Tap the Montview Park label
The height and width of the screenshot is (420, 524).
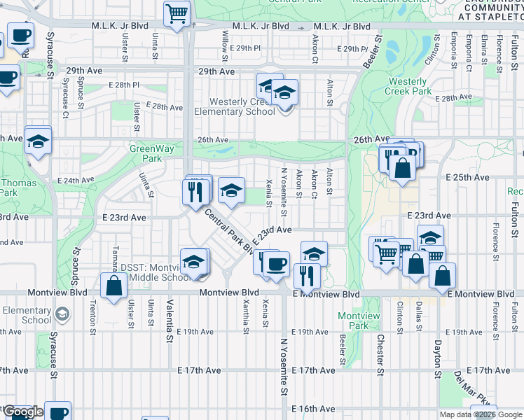coord(358,321)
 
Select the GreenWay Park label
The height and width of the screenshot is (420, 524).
coord(146,153)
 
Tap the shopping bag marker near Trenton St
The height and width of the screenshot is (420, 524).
coord(113,286)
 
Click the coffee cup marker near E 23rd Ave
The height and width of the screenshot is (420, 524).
coord(277,264)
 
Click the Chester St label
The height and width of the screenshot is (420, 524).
coord(381,356)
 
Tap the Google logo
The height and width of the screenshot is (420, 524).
coord(23,412)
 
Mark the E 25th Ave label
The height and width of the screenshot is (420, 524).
coord(468,178)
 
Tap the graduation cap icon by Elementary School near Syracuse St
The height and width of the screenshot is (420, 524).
coord(62,314)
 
